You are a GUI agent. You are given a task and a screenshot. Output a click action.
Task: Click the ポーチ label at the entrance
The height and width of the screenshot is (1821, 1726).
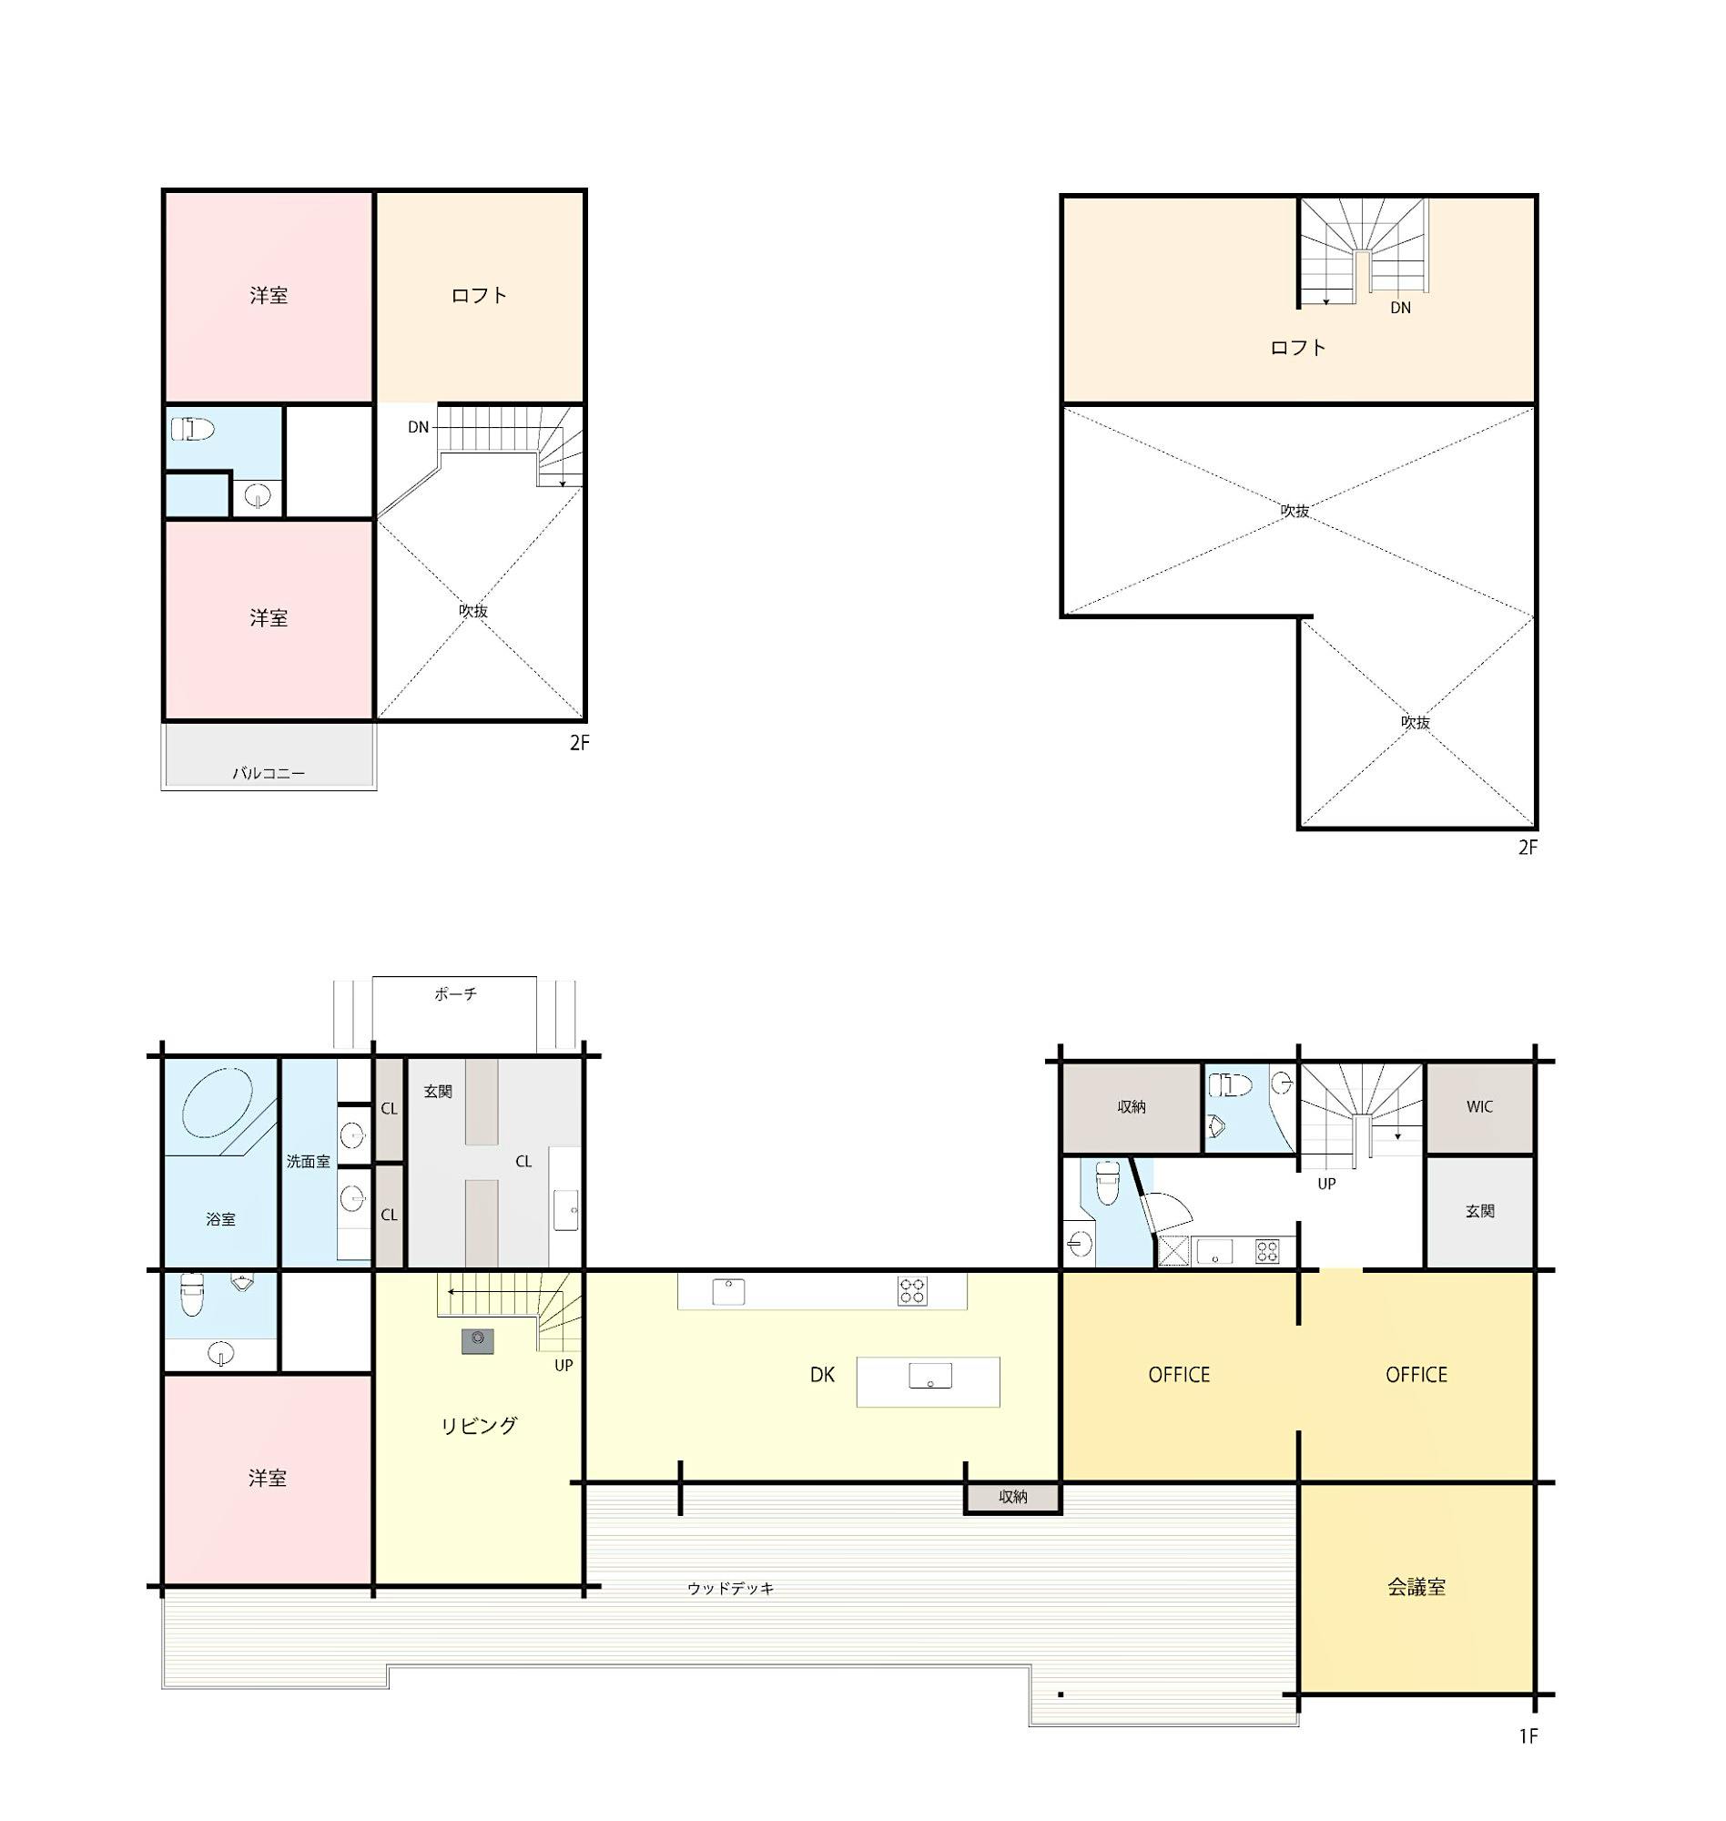pos(455,993)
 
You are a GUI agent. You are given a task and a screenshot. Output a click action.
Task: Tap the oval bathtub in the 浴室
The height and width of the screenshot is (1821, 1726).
pos(218,1104)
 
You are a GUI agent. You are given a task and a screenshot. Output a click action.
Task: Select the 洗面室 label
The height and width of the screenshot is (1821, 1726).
pos(308,1161)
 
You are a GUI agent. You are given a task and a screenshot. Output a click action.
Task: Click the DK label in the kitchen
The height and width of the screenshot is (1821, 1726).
pos(822,1375)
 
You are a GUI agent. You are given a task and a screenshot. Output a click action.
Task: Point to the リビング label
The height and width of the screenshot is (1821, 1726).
pos(479,1425)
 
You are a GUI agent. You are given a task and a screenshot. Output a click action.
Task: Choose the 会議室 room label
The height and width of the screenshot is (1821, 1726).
pos(1416,1587)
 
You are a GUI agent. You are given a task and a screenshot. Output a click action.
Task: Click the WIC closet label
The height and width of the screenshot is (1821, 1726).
pos(1479,1107)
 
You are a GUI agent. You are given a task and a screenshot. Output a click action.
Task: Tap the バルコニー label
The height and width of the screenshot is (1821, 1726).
pos(268,773)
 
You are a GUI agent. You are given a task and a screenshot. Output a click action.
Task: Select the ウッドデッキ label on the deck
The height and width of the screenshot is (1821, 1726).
pos(730,1588)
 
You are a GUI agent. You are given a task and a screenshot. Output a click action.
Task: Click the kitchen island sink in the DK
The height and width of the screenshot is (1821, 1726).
pos(930,1376)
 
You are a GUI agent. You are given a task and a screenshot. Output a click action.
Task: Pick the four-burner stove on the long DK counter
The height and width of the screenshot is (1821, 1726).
pos(912,1292)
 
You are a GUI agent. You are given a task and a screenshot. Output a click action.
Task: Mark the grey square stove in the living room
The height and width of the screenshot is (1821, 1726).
pos(478,1340)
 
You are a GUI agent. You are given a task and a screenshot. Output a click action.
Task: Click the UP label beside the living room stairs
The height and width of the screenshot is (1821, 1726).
pos(563,1366)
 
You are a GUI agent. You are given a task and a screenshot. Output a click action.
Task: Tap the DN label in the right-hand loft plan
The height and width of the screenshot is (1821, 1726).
pos(1400,308)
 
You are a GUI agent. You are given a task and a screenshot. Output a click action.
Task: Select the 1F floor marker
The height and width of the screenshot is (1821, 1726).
pos(1528,1736)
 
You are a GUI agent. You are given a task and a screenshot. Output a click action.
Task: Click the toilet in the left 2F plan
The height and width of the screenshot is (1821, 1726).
pos(192,429)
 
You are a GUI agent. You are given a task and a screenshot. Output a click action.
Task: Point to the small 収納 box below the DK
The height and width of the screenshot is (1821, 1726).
pos(1013,1497)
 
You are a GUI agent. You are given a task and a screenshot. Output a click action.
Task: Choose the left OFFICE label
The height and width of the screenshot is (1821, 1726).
pos(1179,1375)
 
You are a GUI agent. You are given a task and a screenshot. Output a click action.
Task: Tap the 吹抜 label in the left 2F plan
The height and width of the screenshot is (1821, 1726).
pos(472,610)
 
